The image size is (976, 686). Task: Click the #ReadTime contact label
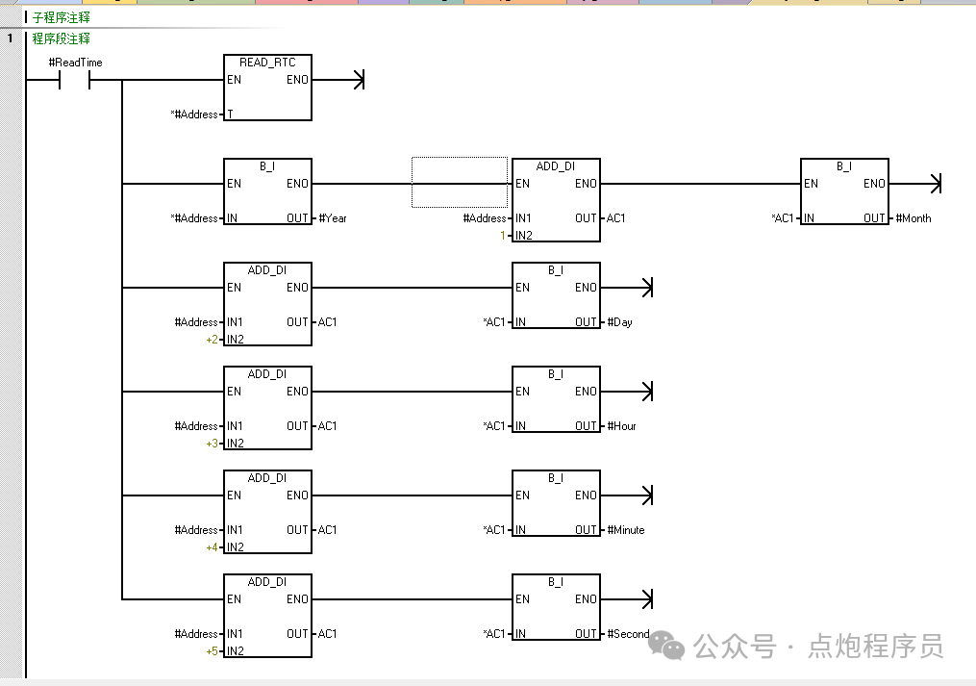click(75, 63)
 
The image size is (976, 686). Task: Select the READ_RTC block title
click(267, 63)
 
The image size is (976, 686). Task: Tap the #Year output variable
click(333, 218)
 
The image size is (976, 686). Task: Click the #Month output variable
click(913, 218)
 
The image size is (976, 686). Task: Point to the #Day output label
click(620, 322)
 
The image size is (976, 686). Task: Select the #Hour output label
click(622, 426)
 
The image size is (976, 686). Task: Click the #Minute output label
click(626, 530)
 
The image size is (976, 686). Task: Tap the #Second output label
click(628, 634)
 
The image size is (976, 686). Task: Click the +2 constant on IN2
click(212, 340)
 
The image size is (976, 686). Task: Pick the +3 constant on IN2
click(212, 444)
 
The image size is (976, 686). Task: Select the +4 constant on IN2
click(212, 547)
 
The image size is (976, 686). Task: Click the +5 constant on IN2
click(212, 651)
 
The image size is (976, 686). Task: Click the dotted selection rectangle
click(460, 182)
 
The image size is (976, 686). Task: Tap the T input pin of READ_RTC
click(230, 114)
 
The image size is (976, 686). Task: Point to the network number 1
click(10, 38)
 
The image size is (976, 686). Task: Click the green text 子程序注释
click(61, 17)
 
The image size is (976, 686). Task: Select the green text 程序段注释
click(61, 38)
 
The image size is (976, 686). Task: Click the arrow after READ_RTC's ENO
click(359, 80)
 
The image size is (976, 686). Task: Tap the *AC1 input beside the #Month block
click(783, 218)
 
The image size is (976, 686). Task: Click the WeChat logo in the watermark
click(668, 646)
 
